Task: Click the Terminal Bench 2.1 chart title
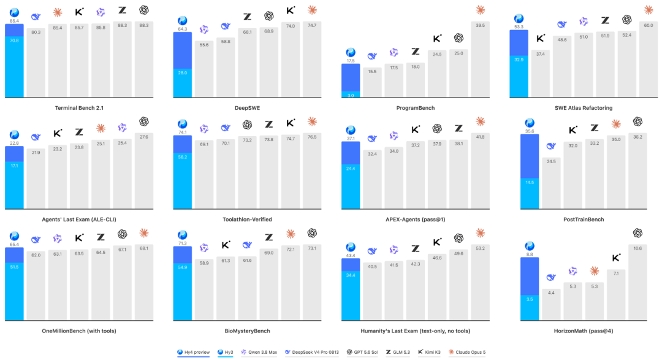(79, 108)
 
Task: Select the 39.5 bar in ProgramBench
(480, 59)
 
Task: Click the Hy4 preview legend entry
(193, 352)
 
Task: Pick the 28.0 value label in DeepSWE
(183, 73)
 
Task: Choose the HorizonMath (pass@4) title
(584, 331)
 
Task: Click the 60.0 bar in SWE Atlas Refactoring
(648, 59)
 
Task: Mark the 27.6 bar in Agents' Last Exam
(144, 170)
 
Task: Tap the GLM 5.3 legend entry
(398, 352)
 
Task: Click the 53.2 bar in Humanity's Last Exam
(480, 282)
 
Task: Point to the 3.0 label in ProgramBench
(351, 95)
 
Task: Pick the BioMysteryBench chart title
(248, 331)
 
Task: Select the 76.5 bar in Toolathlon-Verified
(312, 170)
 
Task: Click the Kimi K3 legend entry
(429, 352)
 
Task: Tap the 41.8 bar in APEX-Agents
(480, 170)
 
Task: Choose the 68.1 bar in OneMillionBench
(144, 282)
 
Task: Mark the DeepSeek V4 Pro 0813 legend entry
(311, 352)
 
